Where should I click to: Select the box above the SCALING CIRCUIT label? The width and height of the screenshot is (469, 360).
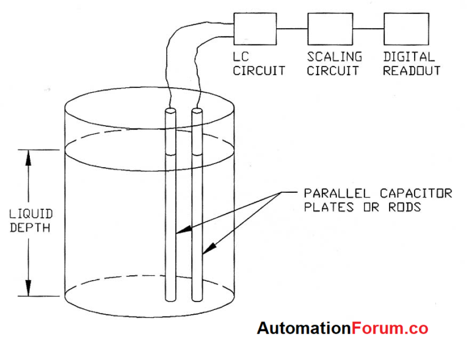pyautogui.click(x=330, y=28)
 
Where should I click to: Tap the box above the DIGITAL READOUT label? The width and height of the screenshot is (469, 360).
pyautogui.click(x=405, y=28)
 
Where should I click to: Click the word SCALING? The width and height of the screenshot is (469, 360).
pyautogui.click(x=334, y=57)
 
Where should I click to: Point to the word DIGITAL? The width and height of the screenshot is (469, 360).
pyautogui.click(x=409, y=57)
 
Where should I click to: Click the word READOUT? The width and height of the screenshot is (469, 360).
pyautogui.click(x=412, y=71)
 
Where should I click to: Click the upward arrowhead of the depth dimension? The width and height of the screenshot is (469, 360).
pyautogui.click(x=28, y=157)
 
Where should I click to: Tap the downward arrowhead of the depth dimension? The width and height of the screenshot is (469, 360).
pyautogui.click(x=28, y=289)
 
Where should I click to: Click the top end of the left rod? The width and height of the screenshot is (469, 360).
pyautogui.click(x=170, y=112)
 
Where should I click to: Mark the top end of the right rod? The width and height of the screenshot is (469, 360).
pyautogui.click(x=197, y=112)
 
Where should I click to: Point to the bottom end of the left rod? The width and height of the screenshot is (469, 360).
pyautogui.click(x=170, y=298)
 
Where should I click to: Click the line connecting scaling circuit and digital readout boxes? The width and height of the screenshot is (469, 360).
pyautogui.click(x=368, y=28)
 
